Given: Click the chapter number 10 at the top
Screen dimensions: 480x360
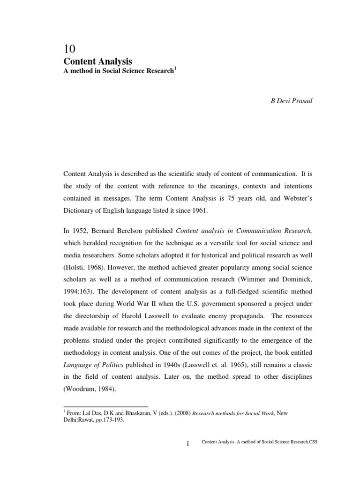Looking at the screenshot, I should point(69,49).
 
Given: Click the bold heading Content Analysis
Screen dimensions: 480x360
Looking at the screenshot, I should point(97,61).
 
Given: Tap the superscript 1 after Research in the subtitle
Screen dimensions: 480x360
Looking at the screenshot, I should point(175,68).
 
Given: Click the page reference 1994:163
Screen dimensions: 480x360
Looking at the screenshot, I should point(78,292).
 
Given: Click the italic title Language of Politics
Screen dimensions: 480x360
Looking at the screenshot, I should point(96,365).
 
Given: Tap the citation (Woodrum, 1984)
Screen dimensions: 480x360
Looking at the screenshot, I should point(92,389).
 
